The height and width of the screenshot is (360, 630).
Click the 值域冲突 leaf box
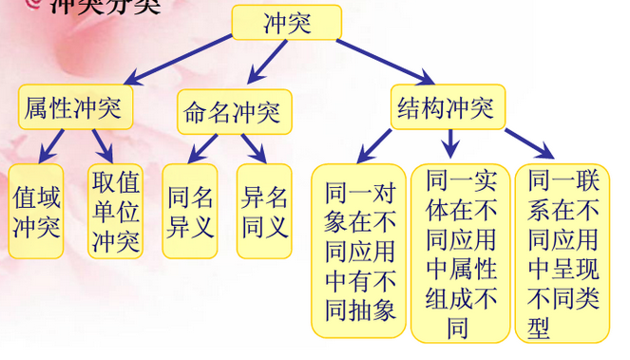(x=36, y=211)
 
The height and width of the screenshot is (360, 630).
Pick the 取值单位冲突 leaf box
(x=115, y=211)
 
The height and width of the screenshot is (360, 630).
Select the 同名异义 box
(x=189, y=211)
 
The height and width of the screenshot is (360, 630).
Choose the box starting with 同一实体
(x=460, y=252)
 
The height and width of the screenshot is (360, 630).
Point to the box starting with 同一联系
(x=562, y=252)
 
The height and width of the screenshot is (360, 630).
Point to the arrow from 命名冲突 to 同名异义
(x=202, y=147)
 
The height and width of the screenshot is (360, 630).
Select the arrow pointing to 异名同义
(x=252, y=147)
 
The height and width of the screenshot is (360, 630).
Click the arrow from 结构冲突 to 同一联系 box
(x=527, y=142)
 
